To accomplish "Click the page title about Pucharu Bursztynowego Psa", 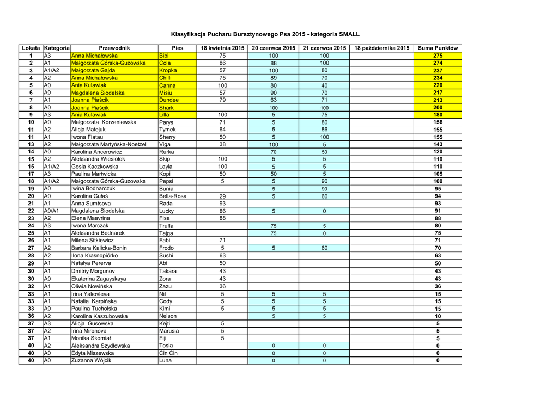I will (x=265, y=34).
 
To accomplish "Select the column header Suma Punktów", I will (x=438, y=48).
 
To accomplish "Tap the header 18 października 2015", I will (x=381, y=48).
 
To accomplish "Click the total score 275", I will (x=438, y=56).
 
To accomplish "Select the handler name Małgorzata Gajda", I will (x=93, y=71).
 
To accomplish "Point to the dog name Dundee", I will (x=169, y=100).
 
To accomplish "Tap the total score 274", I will (x=438, y=63).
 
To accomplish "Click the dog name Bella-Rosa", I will (x=173, y=196).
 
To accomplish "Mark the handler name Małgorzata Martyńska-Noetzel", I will (x=109, y=144).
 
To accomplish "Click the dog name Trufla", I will (x=167, y=225).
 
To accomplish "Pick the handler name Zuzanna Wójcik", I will (x=92, y=360).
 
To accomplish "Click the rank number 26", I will (x=31, y=240).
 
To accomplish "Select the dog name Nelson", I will (x=168, y=316).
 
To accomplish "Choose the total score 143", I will (x=438, y=144).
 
